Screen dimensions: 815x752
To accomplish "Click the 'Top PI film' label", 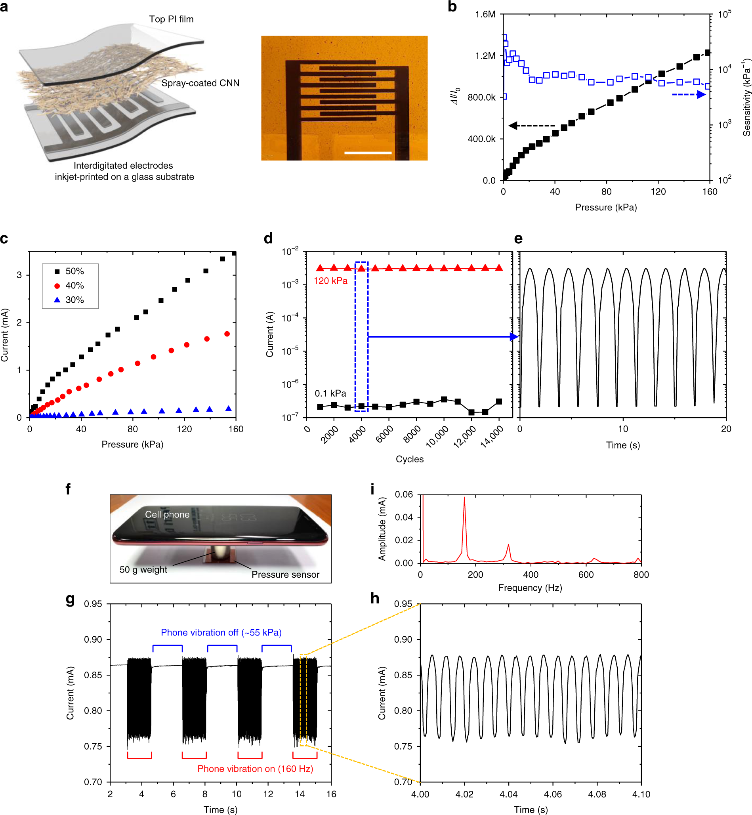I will point(171,19).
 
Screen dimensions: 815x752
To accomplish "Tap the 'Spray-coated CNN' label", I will point(200,83).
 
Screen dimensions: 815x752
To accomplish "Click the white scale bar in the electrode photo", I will point(367,153).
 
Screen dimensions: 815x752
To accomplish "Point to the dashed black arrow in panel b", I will point(531,126).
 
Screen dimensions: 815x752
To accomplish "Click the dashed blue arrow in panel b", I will point(689,94).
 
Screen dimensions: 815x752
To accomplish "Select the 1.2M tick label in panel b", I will point(485,56).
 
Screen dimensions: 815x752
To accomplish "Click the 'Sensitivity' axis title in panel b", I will point(746,97).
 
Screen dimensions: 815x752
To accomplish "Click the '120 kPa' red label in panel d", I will point(330,281).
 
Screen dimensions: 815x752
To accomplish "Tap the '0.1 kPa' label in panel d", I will point(330,393).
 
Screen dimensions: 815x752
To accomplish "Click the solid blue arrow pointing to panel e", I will point(441,337).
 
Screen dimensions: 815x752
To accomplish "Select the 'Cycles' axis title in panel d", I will point(409,459).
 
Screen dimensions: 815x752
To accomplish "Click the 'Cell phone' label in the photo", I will point(167,515).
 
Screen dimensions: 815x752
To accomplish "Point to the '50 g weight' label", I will point(143,570).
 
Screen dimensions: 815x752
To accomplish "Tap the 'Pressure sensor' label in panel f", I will point(285,575).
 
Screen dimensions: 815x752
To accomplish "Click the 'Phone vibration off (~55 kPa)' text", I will point(221,632).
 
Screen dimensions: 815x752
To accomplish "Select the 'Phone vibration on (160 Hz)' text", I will point(255,769).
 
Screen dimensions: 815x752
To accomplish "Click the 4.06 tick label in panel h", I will point(553,794).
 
